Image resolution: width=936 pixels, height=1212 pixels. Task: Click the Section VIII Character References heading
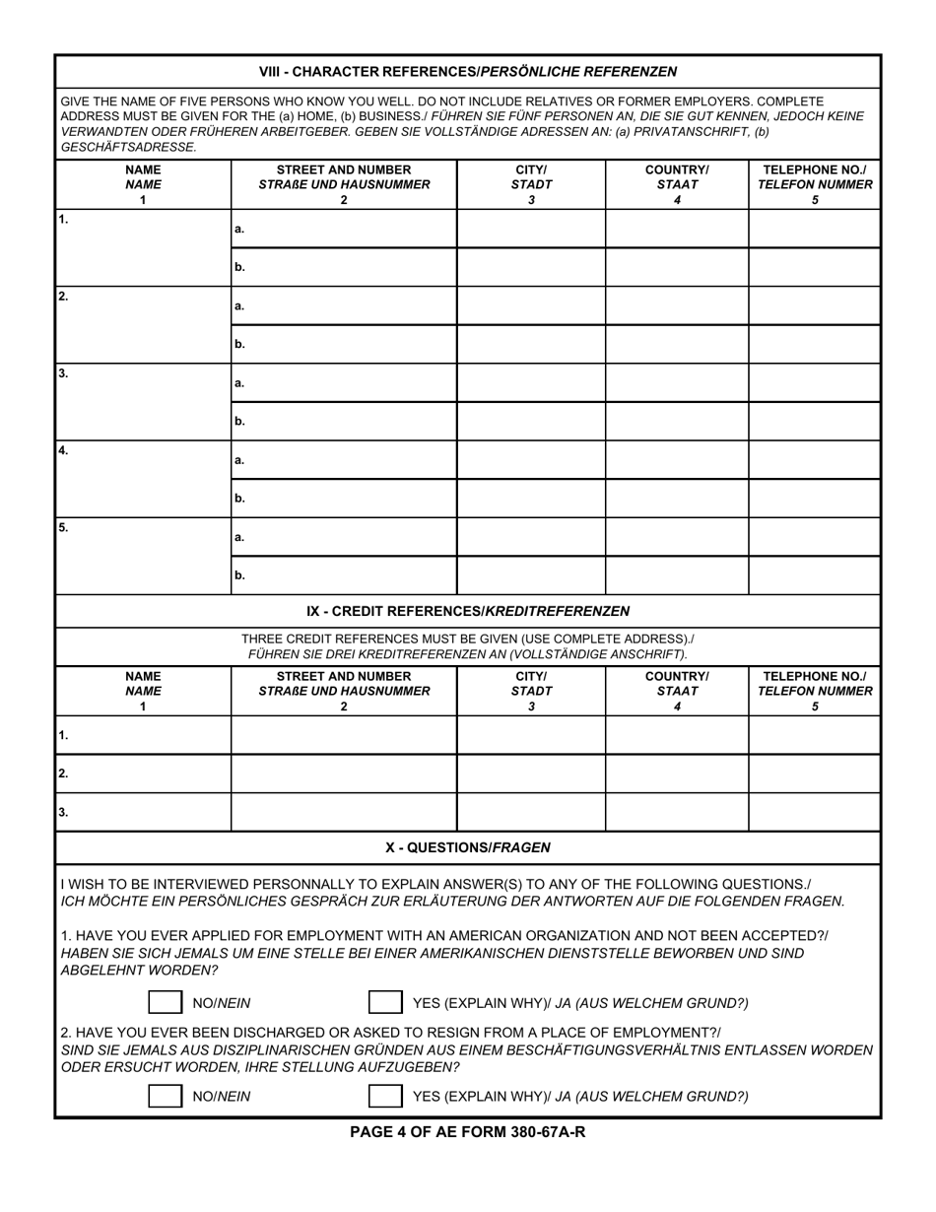click(x=467, y=72)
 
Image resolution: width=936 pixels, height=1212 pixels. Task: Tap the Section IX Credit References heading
click(x=467, y=611)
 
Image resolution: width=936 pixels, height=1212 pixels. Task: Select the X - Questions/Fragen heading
click(x=467, y=847)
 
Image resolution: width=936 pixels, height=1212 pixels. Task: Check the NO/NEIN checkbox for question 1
click(x=165, y=1003)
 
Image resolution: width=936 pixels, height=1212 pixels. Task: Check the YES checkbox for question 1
click(x=384, y=1003)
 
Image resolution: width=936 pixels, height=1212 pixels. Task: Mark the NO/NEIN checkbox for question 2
click(x=165, y=1096)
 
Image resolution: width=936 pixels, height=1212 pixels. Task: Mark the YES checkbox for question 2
click(x=384, y=1096)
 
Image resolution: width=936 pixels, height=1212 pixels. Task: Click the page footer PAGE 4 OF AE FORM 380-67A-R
click(x=467, y=1132)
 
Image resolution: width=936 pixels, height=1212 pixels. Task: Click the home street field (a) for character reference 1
click(x=345, y=229)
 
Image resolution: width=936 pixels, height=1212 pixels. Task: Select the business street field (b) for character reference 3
click(x=345, y=421)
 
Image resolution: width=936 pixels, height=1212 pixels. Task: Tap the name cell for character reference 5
click(x=143, y=556)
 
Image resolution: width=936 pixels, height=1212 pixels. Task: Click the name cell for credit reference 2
click(x=143, y=774)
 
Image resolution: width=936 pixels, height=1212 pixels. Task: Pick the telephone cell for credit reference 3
click(x=814, y=812)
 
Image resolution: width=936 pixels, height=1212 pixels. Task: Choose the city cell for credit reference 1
click(x=530, y=735)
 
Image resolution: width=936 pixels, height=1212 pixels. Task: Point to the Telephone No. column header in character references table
click(x=814, y=184)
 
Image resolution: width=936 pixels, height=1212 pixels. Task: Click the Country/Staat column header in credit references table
click(x=676, y=691)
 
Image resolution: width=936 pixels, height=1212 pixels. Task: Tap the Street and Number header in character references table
click(x=344, y=184)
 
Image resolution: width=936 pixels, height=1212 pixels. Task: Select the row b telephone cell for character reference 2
click(x=814, y=344)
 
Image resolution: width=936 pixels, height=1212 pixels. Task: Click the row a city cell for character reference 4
click(x=530, y=459)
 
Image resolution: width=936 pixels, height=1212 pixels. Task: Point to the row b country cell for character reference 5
click(x=676, y=574)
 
